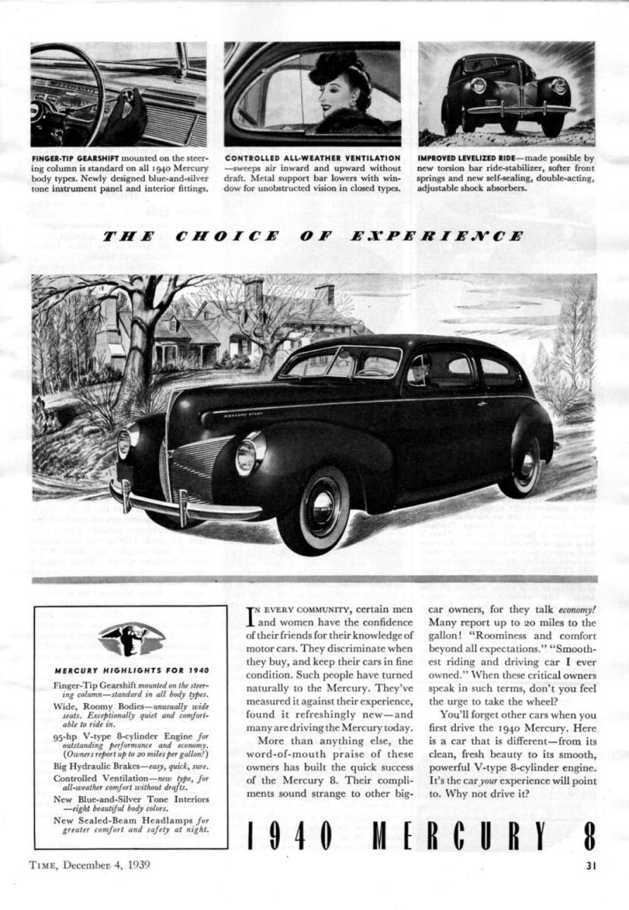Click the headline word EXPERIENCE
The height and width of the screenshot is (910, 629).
(436, 236)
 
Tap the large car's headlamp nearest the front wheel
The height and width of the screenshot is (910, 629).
(248, 456)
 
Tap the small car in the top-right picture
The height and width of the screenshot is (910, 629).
(506, 95)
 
